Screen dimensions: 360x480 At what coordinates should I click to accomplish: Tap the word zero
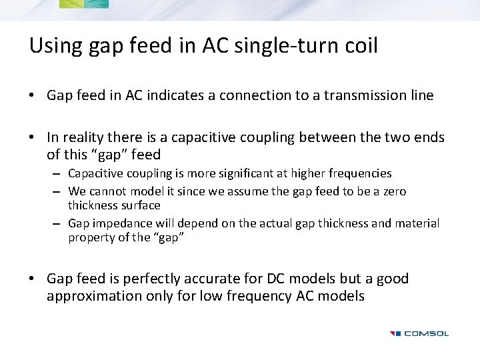coord(412,191)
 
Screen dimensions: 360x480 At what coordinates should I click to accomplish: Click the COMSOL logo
coord(419,333)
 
